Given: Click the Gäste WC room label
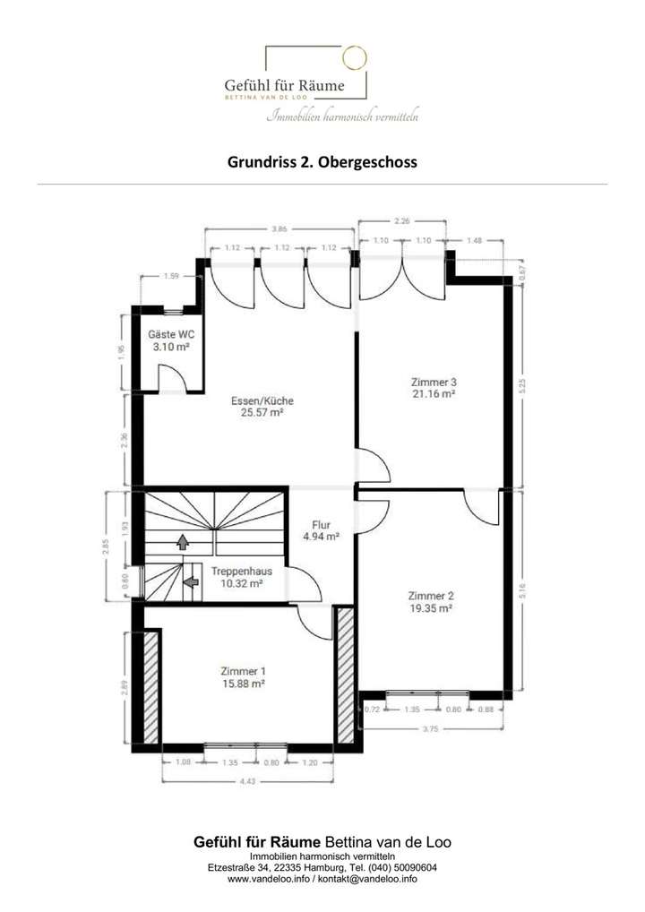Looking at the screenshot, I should pos(170,334).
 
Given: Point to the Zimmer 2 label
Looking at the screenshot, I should pos(431,596).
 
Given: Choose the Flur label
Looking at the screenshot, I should pos(322,525).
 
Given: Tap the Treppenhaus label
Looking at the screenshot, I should pos(242,570).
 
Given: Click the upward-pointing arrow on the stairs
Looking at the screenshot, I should pos(183,541).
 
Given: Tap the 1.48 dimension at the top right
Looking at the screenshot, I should pos(474,241).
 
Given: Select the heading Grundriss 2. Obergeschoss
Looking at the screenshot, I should pos(322,163).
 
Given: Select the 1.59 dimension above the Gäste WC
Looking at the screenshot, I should pos(171,277).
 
